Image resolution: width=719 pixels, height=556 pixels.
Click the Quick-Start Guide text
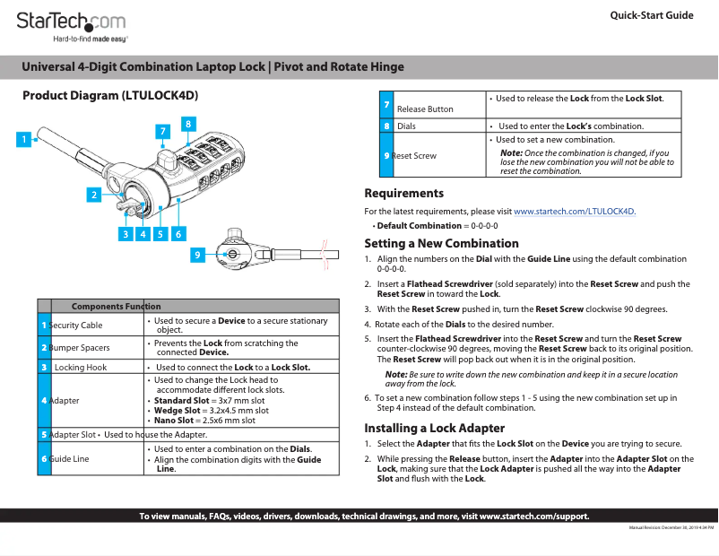pos(651,15)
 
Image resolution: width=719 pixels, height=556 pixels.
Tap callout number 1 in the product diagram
pos(25,139)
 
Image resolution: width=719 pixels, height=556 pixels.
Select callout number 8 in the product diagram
pos(188,122)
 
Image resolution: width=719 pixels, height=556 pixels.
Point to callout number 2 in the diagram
pos(92,194)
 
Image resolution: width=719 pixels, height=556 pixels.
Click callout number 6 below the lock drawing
pos(178,234)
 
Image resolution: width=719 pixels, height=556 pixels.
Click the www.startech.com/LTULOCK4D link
pos(574,212)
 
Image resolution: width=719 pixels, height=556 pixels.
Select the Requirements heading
pos(403,193)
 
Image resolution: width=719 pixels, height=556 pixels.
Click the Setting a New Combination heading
pos(441,243)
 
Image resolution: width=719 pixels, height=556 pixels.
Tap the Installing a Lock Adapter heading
pos(434,428)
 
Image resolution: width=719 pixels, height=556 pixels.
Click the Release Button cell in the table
pos(425,109)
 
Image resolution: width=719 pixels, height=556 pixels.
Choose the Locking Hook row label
pos(81,368)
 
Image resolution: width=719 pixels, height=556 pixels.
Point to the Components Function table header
pos(116,307)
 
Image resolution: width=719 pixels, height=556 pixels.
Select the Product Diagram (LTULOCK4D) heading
pos(109,95)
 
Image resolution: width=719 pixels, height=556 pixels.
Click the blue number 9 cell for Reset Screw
pos(385,155)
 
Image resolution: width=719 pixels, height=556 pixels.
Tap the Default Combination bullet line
pos(437,225)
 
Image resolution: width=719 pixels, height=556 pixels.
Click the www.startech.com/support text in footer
pos(534,516)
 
